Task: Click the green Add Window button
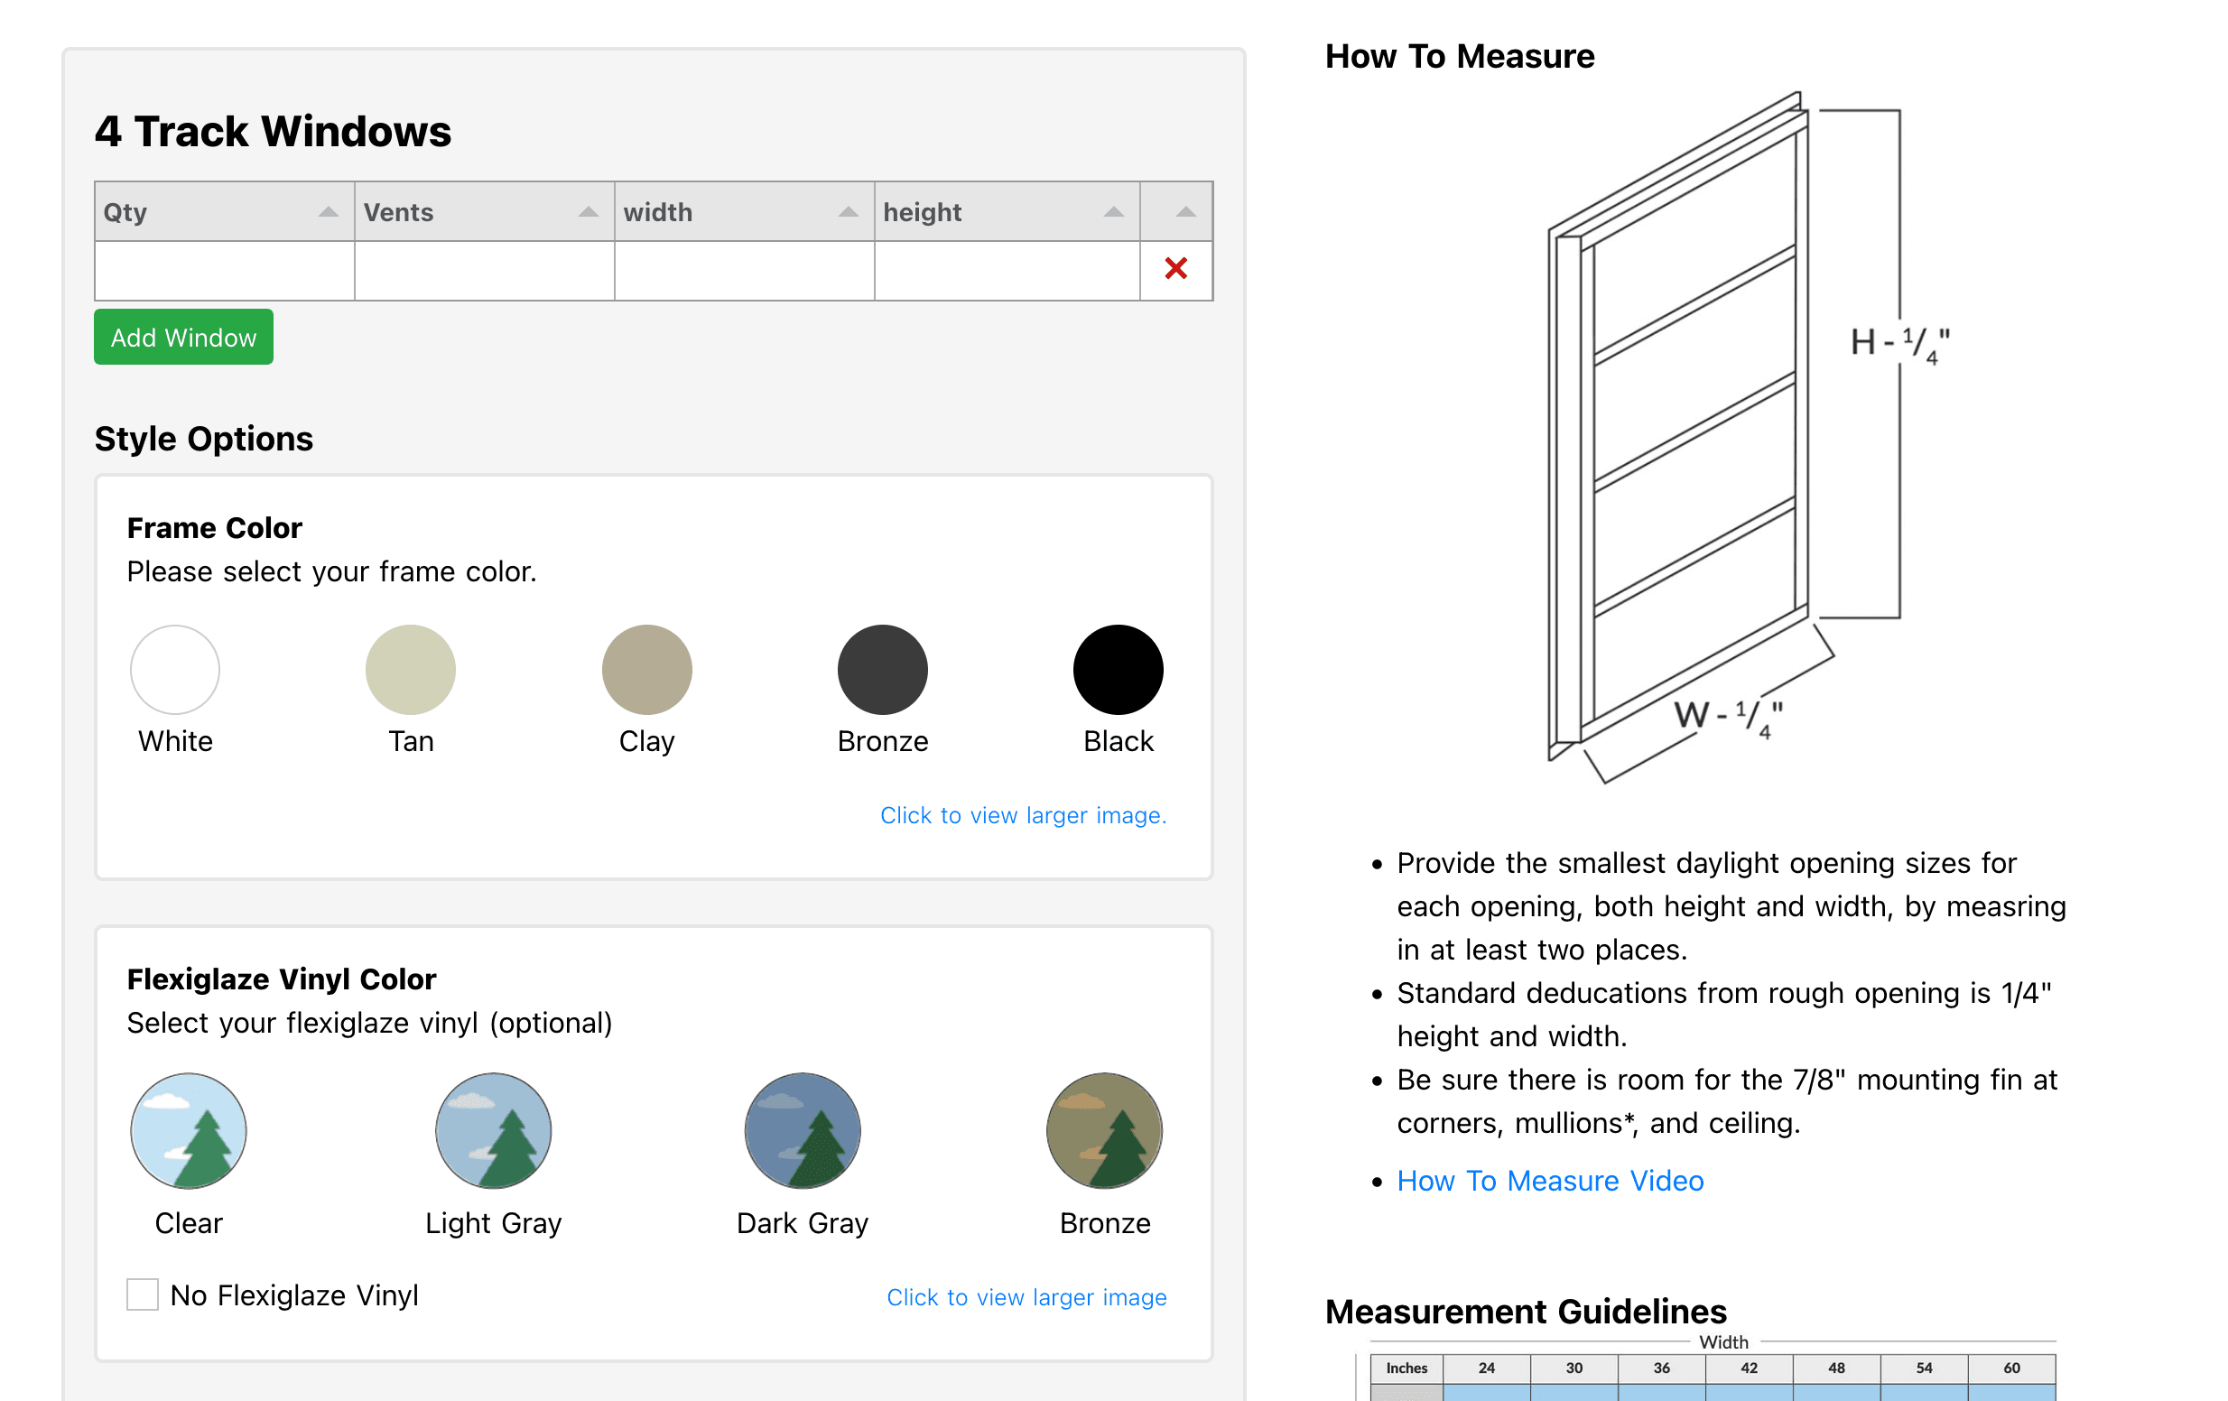click(x=183, y=337)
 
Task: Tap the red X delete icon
click(x=1175, y=269)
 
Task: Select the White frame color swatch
click(x=175, y=669)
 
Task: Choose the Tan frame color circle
click(x=411, y=669)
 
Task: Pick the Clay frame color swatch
click(x=646, y=669)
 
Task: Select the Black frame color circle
click(x=1118, y=669)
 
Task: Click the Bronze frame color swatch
click(x=883, y=669)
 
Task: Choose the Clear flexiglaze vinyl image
click(x=189, y=1130)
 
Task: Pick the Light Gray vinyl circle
click(x=493, y=1130)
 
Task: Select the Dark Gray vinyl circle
click(x=803, y=1130)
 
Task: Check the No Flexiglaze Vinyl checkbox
click(x=143, y=1294)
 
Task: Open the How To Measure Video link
click(x=1550, y=1181)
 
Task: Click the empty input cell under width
click(x=744, y=270)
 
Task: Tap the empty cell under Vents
click(x=484, y=270)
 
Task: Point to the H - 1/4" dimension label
click(x=1898, y=344)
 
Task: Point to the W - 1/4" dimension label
click(x=1728, y=716)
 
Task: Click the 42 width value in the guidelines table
click(x=1749, y=1368)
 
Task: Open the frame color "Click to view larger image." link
click(x=1023, y=815)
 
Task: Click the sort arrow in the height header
click(x=1113, y=212)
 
